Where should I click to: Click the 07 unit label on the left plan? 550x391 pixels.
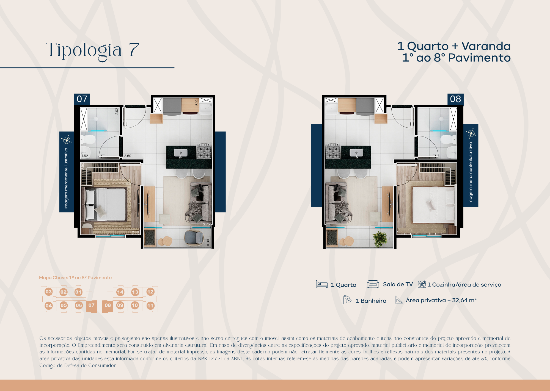pyautogui.click(x=82, y=99)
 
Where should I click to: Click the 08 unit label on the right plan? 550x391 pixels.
pyautogui.click(x=455, y=99)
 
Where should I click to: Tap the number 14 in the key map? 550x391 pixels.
pyautogui.click(x=120, y=292)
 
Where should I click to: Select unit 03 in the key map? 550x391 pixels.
pyautogui.click(x=49, y=292)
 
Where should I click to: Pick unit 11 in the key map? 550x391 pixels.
pyautogui.click(x=150, y=306)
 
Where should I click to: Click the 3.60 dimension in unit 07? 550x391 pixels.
pyautogui.click(x=128, y=156)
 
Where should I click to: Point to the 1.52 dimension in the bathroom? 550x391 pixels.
pyautogui.click(x=85, y=156)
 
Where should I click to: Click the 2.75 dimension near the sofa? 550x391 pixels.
pyautogui.click(x=206, y=224)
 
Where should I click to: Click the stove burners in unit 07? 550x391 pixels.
pyautogui.click(x=204, y=151)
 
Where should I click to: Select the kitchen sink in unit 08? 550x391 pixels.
pyautogui.click(x=356, y=153)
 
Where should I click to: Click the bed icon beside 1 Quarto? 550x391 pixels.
pyautogui.click(x=321, y=284)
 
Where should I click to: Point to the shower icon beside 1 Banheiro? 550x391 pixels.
pyautogui.click(x=347, y=300)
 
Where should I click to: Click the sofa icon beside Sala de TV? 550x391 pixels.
pyautogui.click(x=373, y=284)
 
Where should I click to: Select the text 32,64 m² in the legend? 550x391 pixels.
pyautogui.click(x=464, y=300)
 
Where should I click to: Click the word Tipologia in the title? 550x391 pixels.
pyautogui.click(x=84, y=50)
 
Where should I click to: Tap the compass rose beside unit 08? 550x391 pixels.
pyautogui.click(x=471, y=133)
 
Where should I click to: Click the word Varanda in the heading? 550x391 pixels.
pyautogui.click(x=486, y=46)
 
